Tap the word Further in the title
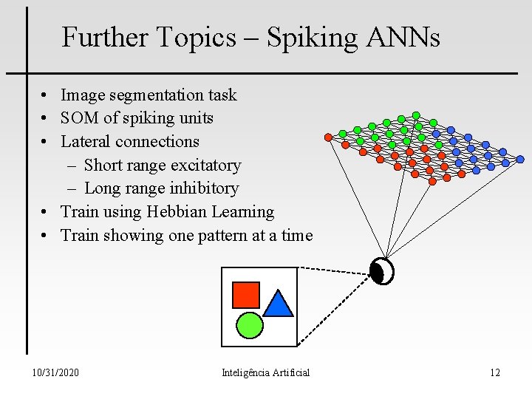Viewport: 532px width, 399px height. coord(106,37)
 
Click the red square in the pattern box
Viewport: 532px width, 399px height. coord(246,294)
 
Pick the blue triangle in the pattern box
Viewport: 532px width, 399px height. coord(279,304)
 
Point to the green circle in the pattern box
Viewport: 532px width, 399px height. coord(250,325)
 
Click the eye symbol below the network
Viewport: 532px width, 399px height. coord(382,271)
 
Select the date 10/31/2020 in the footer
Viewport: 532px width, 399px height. coord(56,372)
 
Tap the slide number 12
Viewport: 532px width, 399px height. coord(494,372)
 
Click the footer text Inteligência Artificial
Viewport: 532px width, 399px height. coord(265,372)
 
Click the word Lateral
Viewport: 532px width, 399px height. coord(86,141)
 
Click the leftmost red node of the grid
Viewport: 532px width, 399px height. coord(328,137)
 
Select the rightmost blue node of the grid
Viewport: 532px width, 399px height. coord(520,159)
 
